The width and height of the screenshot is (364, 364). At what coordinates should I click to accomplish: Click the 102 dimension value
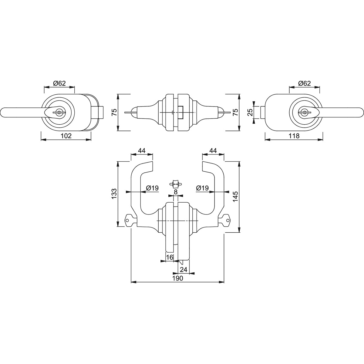pyautogui.click(x=66, y=136)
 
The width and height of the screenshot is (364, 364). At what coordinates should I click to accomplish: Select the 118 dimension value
pyautogui.click(x=294, y=136)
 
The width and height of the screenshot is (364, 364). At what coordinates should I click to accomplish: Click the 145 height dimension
pyautogui.click(x=236, y=197)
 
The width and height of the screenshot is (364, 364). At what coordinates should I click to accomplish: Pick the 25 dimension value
pyautogui.click(x=250, y=113)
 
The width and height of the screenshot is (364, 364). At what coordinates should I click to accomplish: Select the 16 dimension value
pyautogui.click(x=170, y=257)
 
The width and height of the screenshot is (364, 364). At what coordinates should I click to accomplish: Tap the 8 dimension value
pyautogui.click(x=176, y=192)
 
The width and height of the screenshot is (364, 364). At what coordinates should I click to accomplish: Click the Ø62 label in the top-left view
pyautogui.click(x=59, y=83)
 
